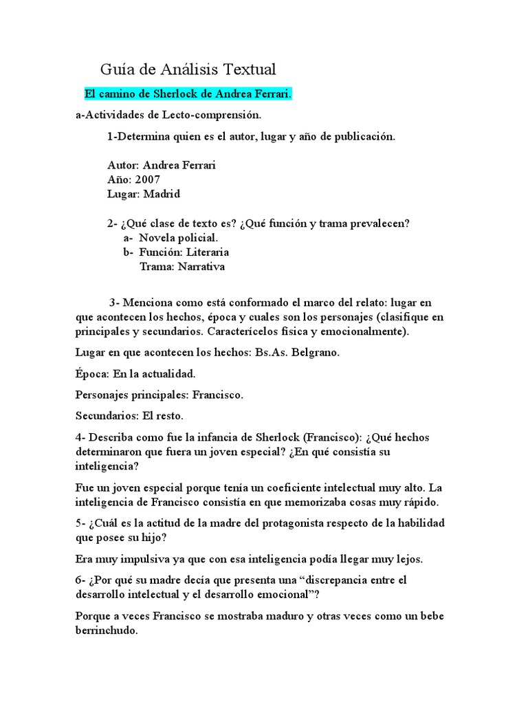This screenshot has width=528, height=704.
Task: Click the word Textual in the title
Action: pyautogui.click(x=246, y=69)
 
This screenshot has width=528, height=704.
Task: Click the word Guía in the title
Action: pyautogui.click(x=115, y=69)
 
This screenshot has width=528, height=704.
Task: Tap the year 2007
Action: pyautogui.click(x=148, y=180)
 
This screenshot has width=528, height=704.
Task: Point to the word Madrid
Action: pyautogui.click(x=162, y=194)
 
